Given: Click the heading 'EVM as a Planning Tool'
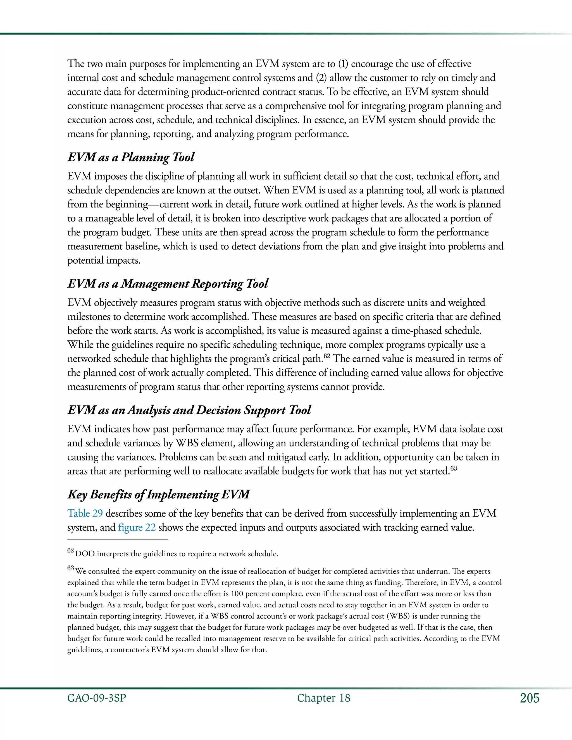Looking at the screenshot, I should tap(131, 157).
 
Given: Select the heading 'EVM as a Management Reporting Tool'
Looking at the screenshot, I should tap(167, 284).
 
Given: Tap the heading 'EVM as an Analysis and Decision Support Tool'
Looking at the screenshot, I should tap(189, 410).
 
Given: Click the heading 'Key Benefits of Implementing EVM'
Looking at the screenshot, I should tap(158, 494).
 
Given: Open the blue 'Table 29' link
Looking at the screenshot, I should tap(85, 513).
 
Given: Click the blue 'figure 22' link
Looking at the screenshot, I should tap(137, 527).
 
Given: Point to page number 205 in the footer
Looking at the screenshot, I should tap(529, 698).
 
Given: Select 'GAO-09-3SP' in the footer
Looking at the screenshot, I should tap(97, 698).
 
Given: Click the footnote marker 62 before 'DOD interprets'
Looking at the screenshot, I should tap(70, 551).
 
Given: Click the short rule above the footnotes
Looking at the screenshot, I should tap(118, 539).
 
